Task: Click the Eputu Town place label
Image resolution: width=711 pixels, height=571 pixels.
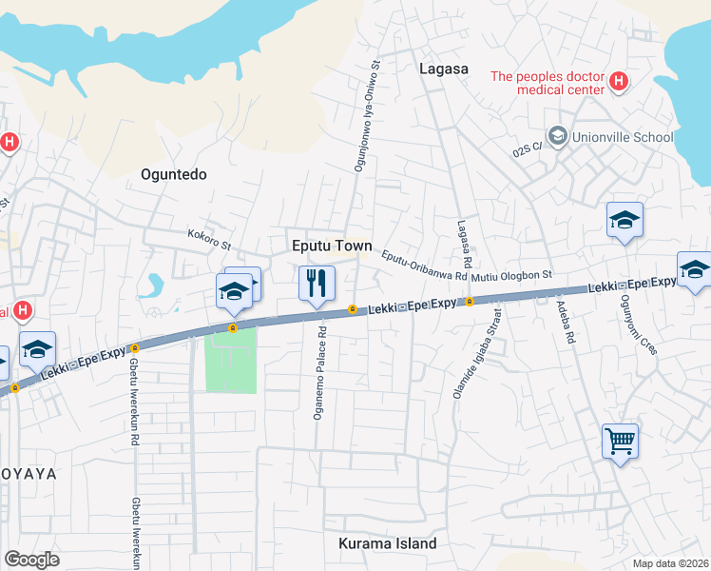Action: (x=331, y=245)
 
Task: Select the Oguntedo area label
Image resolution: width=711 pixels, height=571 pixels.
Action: (x=173, y=174)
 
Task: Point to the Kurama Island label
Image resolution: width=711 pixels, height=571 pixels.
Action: (x=388, y=544)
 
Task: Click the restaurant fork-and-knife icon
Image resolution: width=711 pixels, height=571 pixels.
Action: (x=317, y=282)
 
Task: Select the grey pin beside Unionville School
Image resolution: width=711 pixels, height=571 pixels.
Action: (x=557, y=137)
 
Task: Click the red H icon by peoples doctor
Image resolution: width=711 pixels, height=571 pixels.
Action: (x=619, y=83)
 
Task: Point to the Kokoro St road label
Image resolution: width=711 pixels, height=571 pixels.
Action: (x=209, y=238)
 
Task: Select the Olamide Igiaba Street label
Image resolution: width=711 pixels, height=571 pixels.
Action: (x=476, y=352)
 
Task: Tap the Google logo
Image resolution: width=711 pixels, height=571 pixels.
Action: (x=32, y=560)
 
